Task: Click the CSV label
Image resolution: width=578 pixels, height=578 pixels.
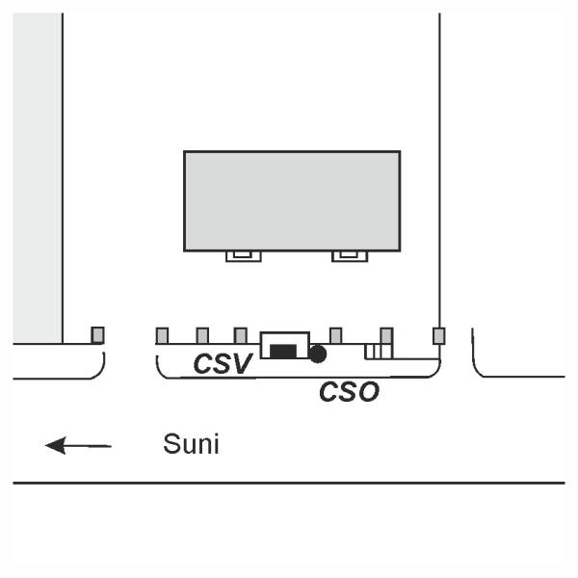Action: click(223, 364)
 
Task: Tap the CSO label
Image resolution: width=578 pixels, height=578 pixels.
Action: click(349, 392)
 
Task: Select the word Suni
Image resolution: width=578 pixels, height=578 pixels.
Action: click(191, 445)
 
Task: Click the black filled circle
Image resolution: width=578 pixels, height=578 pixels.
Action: click(318, 354)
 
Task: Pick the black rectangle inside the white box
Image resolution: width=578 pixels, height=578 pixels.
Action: click(282, 351)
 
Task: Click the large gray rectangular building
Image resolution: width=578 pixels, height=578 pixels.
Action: click(292, 200)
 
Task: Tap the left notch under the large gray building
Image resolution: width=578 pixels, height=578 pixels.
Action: click(243, 255)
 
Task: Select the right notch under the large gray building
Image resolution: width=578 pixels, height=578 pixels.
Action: click(349, 255)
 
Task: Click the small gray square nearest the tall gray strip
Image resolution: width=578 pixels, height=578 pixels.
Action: click(97, 335)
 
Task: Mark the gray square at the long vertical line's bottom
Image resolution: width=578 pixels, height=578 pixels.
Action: click(439, 335)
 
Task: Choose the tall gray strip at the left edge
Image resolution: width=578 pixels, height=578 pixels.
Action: click(38, 178)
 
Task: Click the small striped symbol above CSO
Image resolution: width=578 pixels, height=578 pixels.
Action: click(378, 352)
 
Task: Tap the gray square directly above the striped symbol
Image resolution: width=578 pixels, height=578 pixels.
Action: click(386, 335)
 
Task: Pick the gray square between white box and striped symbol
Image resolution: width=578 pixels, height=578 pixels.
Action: click(335, 335)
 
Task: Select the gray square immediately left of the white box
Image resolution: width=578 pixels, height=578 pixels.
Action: click(240, 335)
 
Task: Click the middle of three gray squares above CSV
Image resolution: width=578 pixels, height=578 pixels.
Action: click(202, 335)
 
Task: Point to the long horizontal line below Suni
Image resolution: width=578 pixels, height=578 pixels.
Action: click(289, 482)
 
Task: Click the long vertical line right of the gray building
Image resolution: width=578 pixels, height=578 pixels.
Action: click(439, 173)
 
